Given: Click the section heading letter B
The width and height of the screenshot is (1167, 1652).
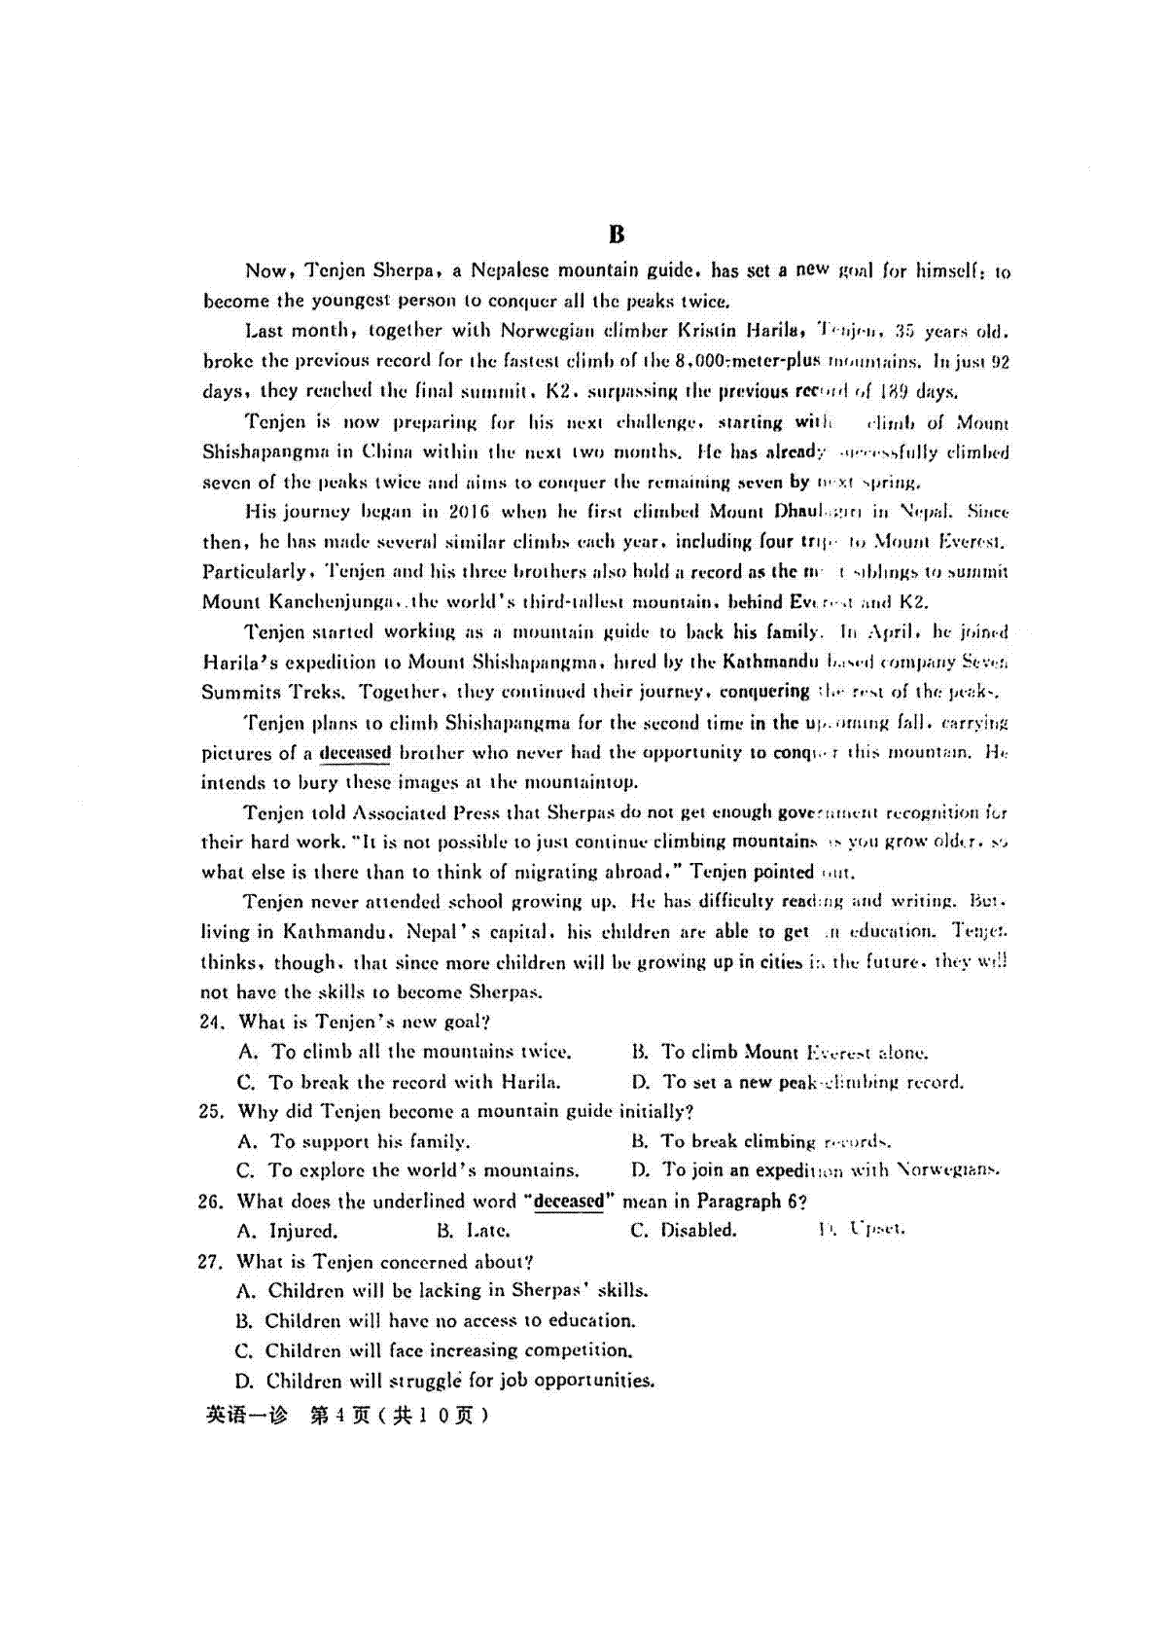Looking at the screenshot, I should click(617, 234).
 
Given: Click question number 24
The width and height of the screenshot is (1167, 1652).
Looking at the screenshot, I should click(212, 1023).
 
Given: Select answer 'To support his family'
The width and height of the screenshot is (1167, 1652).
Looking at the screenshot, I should click(369, 1141).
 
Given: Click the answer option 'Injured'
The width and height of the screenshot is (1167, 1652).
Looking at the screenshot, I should click(302, 1231).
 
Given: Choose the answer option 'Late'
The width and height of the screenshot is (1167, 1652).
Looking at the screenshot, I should click(487, 1231).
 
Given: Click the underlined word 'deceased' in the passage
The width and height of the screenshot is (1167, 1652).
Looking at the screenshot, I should click(355, 753).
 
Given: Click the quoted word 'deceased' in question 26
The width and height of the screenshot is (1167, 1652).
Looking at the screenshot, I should click(569, 1202).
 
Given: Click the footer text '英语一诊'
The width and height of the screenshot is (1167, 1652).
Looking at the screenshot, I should click(247, 1416).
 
